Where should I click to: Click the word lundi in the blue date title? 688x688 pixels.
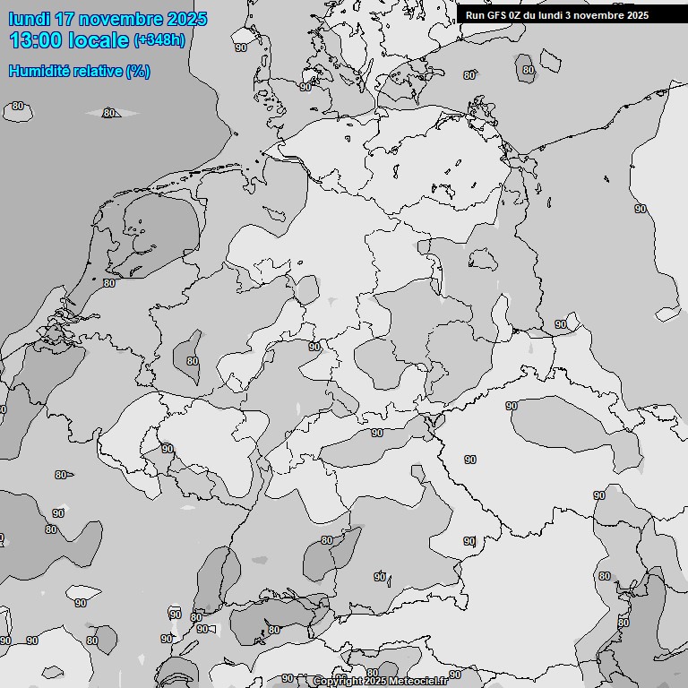pyautogui.click(x=29, y=19)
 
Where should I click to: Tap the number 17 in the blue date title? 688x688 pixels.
pyautogui.click(x=65, y=19)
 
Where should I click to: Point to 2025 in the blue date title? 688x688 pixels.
pyautogui.click(x=186, y=19)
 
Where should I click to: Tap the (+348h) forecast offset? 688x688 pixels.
pyautogui.click(x=159, y=40)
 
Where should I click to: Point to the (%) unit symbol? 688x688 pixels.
pyautogui.click(x=138, y=71)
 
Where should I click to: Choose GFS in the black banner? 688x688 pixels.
pyautogui.click(x=496, y=15)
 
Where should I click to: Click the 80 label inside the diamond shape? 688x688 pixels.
pyautogui.click(x=109, y=113)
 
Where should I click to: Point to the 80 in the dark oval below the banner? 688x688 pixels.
pyautogui.click(x=529, y=69)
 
